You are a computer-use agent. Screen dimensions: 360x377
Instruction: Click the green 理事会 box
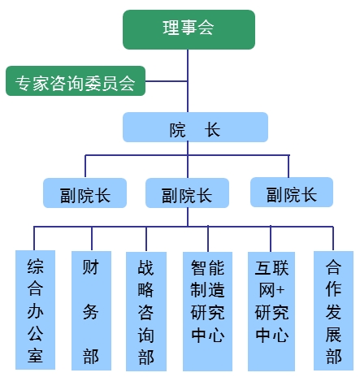point(189,29)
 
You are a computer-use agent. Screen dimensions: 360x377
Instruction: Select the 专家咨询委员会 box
point(76,80)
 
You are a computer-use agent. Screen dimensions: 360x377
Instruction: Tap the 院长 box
point(195,127)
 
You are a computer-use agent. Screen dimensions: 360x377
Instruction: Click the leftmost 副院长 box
point(85,193)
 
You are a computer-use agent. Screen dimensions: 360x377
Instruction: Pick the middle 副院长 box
point(187,193)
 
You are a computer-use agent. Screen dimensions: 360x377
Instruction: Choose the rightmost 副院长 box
point(292,193)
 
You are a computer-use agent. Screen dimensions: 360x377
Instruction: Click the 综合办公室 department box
point(35,310)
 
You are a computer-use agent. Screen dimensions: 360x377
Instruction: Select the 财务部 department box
point(91,310)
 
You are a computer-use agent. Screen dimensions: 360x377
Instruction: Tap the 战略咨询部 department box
point(146,311)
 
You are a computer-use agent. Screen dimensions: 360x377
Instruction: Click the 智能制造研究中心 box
point(207,311)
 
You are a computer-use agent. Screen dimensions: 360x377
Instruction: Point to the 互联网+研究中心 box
point(271,311)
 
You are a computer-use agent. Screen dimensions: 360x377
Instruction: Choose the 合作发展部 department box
point(333,310)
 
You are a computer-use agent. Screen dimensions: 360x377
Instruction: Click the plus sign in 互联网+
point(280,290)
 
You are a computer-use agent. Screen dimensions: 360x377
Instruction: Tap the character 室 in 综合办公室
point(35,355)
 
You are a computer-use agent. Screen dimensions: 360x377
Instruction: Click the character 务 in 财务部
point(91,311)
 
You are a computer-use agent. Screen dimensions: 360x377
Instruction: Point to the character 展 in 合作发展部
point(333,334)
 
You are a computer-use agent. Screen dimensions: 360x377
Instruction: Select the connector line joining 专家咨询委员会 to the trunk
point(167,81)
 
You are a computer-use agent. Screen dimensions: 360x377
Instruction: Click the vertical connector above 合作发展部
point(333,239)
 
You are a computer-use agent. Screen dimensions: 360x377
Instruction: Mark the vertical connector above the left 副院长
point(85,167)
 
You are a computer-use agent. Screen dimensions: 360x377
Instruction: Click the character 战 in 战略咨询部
point(146,267)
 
